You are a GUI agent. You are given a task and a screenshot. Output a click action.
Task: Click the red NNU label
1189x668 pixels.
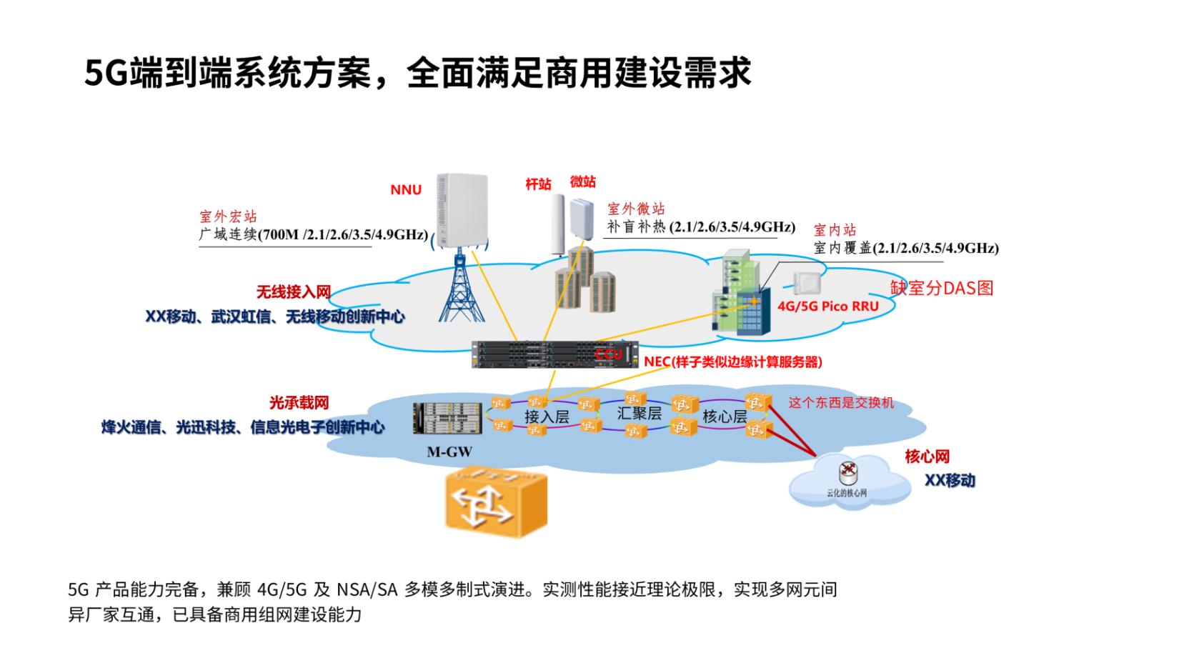(x=406, y=189)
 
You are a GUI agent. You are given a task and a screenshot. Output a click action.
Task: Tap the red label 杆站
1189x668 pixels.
(x=538, y=184)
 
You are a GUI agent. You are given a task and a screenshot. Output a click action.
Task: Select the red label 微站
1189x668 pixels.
(x=582, y=181)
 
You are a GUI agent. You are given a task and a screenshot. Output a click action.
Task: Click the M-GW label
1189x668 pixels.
(x=449, y=452)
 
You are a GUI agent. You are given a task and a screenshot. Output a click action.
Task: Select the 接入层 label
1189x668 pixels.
(x=546, y=416)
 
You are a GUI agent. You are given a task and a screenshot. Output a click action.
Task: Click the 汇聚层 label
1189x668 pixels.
(x=639, y=412)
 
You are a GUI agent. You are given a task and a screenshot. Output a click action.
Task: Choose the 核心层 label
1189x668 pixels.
(x=725, y=416)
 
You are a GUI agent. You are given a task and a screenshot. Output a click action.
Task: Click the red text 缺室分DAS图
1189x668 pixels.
(x=941, y=288)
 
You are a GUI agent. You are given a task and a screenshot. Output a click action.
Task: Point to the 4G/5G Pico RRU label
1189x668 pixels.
(x=827, y=306)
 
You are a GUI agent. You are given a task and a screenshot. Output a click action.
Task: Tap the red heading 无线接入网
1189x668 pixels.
(x=294, y=292)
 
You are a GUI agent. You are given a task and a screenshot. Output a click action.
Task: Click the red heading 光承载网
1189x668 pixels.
(x=299, y=404)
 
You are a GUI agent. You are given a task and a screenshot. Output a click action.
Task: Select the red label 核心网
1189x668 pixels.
(x=927, y=457)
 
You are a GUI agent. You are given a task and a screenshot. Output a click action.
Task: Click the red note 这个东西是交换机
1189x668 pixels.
(x=841, y=403)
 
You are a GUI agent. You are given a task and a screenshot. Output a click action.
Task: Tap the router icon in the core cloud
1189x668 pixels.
(x=847, y=471)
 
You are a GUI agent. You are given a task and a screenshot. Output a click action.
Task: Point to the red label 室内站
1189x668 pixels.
(x=835, y=230)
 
